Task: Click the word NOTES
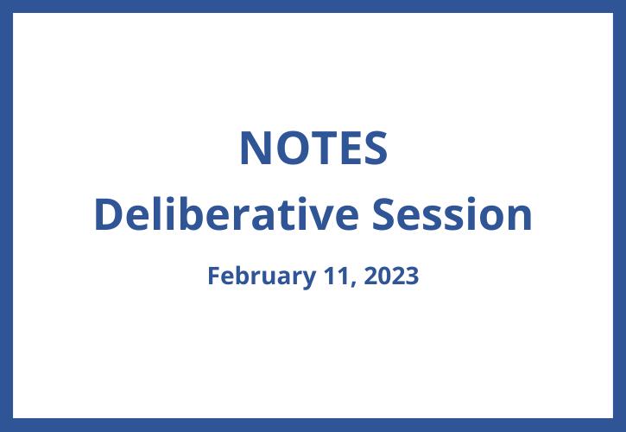click(x=313, y=149)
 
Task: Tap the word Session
click(x=452, y=214)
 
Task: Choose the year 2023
click(x=391, y=276)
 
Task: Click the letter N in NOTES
click(x=254, y=149)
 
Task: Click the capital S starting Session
click(x=384, y=214)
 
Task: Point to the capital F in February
click(x=213, y=276)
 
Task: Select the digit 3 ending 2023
click(x=412, y=276)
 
